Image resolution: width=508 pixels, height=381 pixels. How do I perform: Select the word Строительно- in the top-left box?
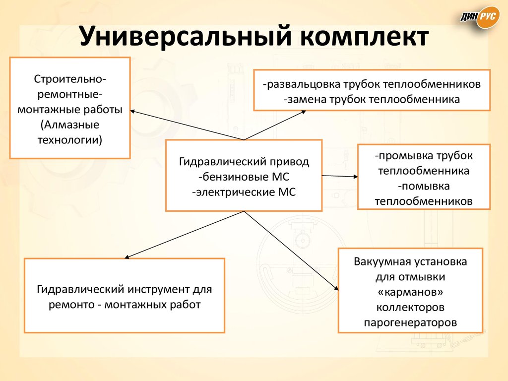click(69, 79)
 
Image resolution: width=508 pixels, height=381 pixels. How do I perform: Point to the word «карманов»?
click(410, 292)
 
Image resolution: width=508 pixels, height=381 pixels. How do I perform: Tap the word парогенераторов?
click(410, 322)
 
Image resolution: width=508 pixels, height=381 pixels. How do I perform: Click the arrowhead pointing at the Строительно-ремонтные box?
click(135, 112)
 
